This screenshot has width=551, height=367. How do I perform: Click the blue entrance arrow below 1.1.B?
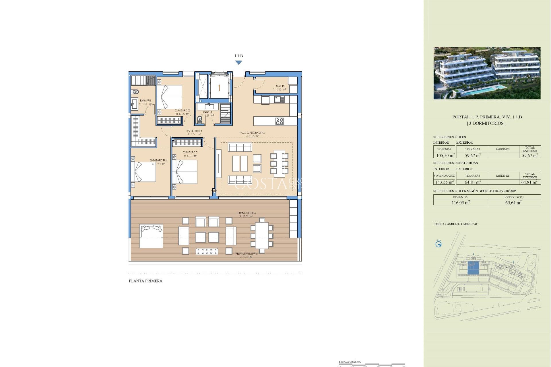click(238, 63)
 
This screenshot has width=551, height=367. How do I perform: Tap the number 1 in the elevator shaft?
click(219, 88)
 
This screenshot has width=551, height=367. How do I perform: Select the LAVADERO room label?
click(280, 86)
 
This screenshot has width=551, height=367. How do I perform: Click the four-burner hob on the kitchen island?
click(280, 121)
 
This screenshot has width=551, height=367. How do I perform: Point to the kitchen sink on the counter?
click(279, 99)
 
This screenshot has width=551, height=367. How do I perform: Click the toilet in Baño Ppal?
click(135, 92)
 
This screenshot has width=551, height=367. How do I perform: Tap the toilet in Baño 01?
click(200, 119)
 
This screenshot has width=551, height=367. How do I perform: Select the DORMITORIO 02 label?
click(182, 110)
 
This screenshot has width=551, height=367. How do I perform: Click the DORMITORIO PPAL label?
click(158, 161)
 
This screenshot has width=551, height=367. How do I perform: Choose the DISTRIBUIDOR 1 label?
click(194, 131)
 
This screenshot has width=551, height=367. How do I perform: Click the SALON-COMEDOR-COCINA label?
click(252, 133)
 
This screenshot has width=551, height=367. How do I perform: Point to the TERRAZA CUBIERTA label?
click(246, 213)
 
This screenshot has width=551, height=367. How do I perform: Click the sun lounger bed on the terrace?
click(151, 236)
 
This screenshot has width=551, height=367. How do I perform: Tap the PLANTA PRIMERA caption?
click(145, 281)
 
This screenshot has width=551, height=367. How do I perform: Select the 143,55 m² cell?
click(444, 182)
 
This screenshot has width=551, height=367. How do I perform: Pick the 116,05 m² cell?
click(460, 202)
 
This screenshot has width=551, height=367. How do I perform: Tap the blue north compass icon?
click(438, 244)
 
